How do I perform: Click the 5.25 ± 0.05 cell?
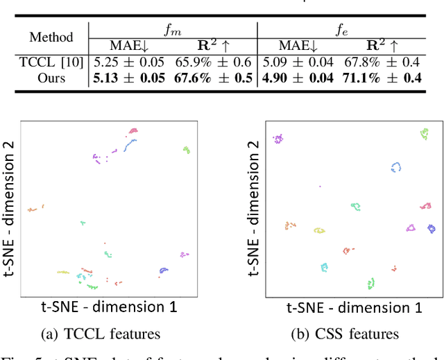[128, 63]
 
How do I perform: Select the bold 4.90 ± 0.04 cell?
[298, 78]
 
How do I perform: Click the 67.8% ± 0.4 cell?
[382, 63]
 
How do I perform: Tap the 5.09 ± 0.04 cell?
[298, 63]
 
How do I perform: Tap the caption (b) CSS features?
[352, 334]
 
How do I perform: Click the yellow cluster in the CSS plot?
[318, 230]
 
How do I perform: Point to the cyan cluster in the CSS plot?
[324, 266]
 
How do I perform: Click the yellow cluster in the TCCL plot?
[62, 273]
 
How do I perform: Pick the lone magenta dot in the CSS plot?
[320, 186]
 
